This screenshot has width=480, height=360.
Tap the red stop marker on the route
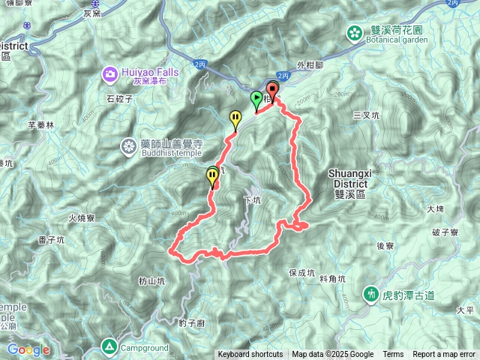click(271, 91)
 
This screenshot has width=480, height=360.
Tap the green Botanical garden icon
click(353, 31)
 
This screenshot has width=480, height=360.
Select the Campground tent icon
click(109, 346)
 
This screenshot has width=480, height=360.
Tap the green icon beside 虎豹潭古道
click(370, 293)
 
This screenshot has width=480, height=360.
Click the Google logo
click(28, 349)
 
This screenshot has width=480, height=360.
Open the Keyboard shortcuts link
click(250, 355)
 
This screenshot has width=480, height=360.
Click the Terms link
click(393, 355)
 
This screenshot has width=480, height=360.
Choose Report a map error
click(443, 355)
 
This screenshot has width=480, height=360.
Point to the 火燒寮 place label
click(82, 218)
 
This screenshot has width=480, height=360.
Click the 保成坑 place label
click(301, 273)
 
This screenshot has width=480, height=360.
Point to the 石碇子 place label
click(120, 97)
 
